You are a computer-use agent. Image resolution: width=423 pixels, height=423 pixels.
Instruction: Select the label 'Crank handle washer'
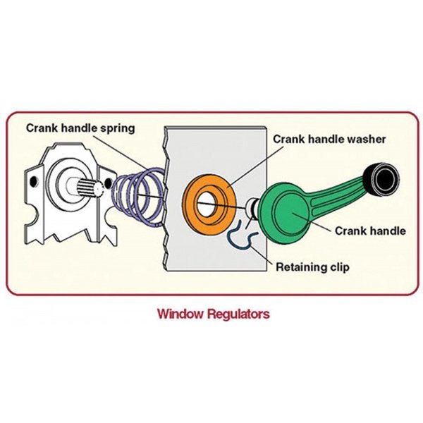click(329, 139)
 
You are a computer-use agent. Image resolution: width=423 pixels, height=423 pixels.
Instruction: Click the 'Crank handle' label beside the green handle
click(370, 231)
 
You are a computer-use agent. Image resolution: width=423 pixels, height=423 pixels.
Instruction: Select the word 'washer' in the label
click(366, 139)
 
